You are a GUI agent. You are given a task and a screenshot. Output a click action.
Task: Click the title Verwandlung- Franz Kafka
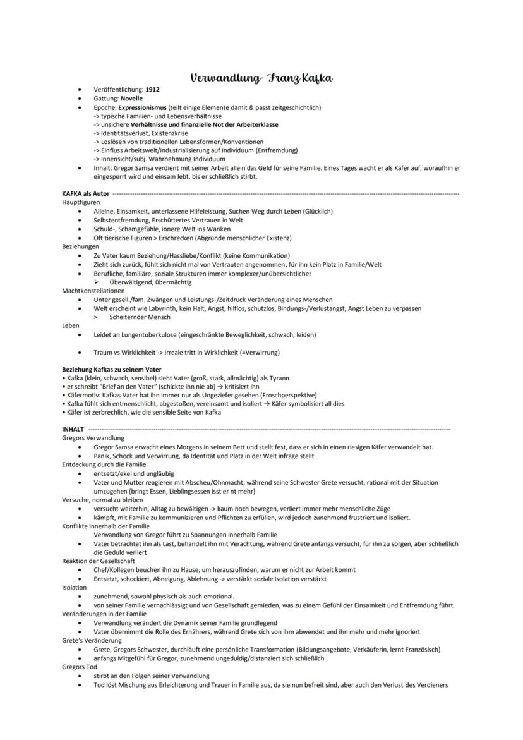[261, 78]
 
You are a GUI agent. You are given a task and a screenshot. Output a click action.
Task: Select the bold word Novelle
[131, 99]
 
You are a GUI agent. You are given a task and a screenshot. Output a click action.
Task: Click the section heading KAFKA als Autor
[85, 193]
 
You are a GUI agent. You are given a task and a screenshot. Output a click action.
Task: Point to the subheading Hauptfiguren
[80, 202]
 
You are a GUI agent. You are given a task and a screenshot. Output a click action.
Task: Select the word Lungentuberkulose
[148, 334]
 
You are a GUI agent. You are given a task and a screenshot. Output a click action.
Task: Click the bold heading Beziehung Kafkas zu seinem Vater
[111, 369]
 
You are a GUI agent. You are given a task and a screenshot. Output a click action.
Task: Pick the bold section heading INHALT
[73, 429]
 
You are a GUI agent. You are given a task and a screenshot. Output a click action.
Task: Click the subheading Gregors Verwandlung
[93, 438]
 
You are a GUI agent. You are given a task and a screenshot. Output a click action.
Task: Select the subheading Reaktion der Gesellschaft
[98, 561]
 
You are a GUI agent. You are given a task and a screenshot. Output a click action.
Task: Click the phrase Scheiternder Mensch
[139, 317]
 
